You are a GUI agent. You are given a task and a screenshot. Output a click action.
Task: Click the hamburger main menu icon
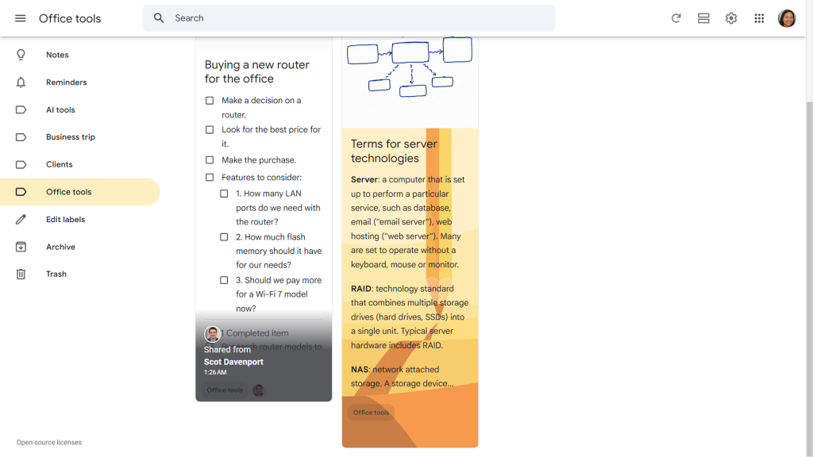click(21, 18)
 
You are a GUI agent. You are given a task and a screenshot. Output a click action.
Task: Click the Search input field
click(349, 18)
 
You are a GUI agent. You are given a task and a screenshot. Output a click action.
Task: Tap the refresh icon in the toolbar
click(676, 18)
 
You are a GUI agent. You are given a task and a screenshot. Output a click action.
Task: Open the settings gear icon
click(731, 18)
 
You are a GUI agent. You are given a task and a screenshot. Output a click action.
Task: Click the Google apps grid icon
click(759, 18)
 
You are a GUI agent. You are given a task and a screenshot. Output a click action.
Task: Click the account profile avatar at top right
click(787, 18)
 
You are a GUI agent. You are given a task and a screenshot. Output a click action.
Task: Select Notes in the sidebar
click(57, 55)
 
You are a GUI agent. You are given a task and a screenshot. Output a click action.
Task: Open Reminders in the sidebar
click(66, 83)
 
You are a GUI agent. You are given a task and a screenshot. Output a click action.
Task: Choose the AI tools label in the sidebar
click(60, 109)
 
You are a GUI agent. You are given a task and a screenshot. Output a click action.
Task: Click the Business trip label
click(70, 137)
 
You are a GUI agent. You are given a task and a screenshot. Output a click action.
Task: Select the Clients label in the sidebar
click(59, 164)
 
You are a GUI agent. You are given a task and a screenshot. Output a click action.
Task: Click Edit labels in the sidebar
click(65, 219)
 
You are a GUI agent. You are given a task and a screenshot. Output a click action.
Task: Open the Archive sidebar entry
click(60, 247)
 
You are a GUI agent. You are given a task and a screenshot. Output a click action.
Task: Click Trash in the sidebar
click(56, 274)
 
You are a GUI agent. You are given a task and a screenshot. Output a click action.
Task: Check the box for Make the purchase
click(210, 159)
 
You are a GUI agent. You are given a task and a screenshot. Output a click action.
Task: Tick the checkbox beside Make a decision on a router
click(210, 101)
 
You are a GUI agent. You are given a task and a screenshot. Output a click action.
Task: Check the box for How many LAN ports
click(224, 194)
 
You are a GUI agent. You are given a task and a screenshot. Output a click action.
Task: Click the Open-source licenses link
click(49, 443)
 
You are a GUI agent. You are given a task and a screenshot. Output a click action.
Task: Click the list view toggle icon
click(703, 18)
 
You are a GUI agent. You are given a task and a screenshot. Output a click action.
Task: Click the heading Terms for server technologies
click(394, 151)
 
